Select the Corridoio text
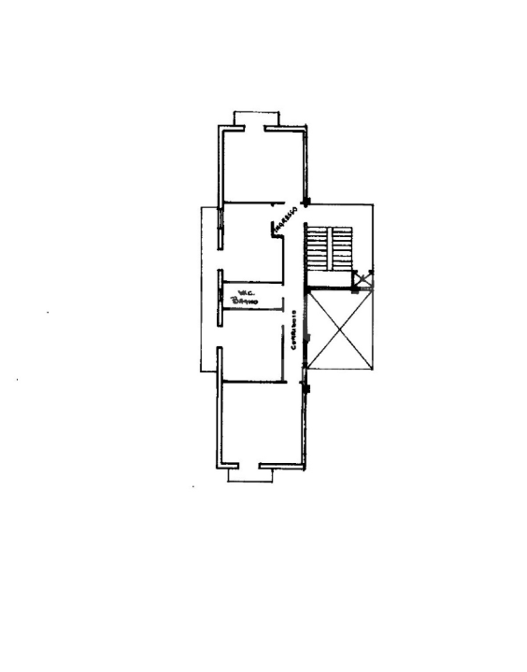point(293,330)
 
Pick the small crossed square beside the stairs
point(363,280)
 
